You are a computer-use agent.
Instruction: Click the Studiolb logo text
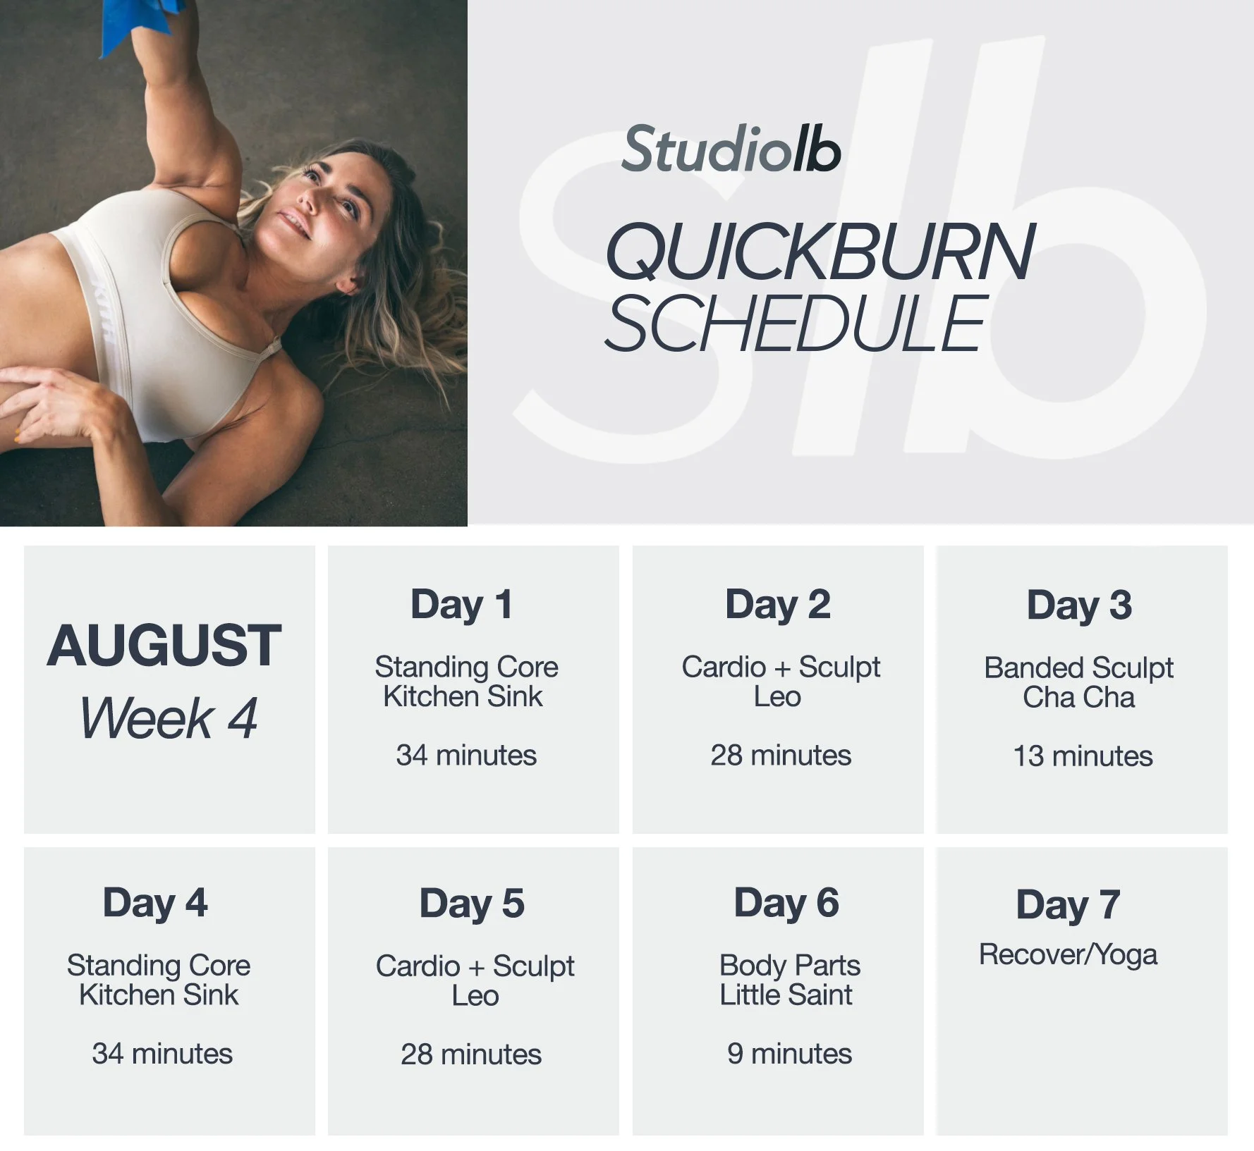(x=731, y=149)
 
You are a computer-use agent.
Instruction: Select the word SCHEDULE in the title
(x=796, y=324)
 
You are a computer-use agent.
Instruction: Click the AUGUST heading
(x=164, y=646)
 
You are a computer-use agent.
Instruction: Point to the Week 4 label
(x=169, y=718)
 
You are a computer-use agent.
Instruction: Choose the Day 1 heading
(x=461, y=605)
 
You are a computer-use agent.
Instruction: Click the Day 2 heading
(x=777, y=605)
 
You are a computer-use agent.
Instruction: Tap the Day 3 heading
(x=1079, y=605)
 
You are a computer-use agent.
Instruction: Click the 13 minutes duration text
(x=1083, y=756)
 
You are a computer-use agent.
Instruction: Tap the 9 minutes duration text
(x=789, y=1054)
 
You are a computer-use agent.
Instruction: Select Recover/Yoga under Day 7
(x=1068, y=955)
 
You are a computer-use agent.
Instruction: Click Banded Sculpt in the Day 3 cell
(x=1078, y=667)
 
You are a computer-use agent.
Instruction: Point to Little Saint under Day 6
(x=786, y=995)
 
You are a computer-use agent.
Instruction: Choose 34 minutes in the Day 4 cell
(x=162, y=1054)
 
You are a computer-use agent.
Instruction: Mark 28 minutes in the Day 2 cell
(x=781, y=756)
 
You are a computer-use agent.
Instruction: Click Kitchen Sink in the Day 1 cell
(x=463, y=696)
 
